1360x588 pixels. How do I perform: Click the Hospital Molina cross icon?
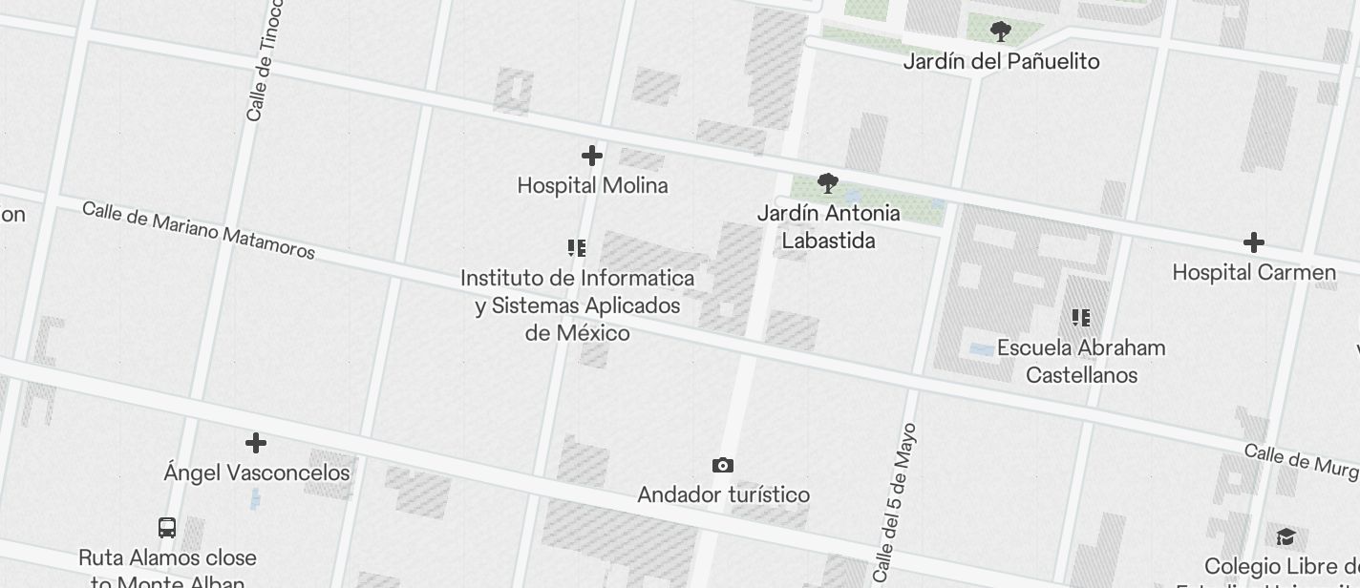[x=592, y=156]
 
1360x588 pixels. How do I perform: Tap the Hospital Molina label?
[x=592, y=185]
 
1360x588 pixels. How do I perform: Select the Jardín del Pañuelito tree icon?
[x=1001, y=32]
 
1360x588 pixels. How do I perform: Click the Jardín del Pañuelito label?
[x=1001, y=61]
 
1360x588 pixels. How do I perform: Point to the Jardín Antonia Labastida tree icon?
[x=828, y=183]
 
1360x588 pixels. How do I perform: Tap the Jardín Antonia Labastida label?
[x=828, y=226]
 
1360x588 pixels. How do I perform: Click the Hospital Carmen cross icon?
[x=1254, y=243]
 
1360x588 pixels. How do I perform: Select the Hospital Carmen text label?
[x=1254, y=272]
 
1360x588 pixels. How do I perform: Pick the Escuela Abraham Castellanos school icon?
[x=1081, y=318]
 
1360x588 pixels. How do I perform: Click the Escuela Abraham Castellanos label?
[x=1081, y=361]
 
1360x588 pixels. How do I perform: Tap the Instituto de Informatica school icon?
[x=577, y=249]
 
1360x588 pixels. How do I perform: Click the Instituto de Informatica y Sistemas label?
[x=577, y=305]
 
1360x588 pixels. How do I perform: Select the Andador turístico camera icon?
[x=723, y=466]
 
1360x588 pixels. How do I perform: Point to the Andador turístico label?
[x=723, y=494]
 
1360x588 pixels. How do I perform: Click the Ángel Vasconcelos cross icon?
[x=256, y=443]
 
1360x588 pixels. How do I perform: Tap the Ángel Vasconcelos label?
[x=256, y=472]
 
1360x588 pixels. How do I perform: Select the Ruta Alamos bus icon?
[x=167, y=528]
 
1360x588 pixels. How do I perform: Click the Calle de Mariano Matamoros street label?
[x=199, y=230]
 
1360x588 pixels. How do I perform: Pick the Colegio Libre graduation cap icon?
[x=1286, y=536]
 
